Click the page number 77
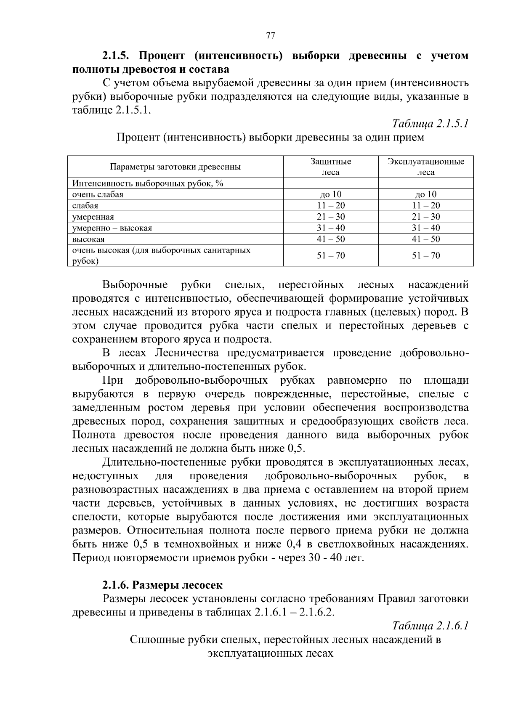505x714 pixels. pyautogui.click(x=271, y=36)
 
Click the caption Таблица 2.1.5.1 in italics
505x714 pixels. pyautogui.click(x=430, y=124)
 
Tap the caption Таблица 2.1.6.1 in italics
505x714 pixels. pyautogui.click(x=430, y=626)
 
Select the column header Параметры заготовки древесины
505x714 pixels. pyautogui.click(x=175, y=167)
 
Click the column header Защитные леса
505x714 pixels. pyautogui.click(x=331, y=167)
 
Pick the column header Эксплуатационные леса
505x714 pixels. pyautogui.click(x=426, y=167)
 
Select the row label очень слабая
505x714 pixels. pyautogui.click(x=98, y=194)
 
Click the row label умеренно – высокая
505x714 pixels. pyautogui.click(x=112, y=228)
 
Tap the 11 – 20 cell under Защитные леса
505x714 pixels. pyautogui.click(x=331, y=206)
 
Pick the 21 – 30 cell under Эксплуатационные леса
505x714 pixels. pyautogui.click(x=426, y=217)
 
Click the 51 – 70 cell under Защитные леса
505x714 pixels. pyautogui.click(x=331, y=255)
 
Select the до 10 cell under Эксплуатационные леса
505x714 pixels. pyautogui.click(x=426, y=194)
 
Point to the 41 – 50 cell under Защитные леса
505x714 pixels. pyautogui.click(x=331, y=239)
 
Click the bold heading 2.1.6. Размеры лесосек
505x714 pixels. pyautogui.click(x=162, y=585)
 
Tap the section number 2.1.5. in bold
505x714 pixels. pyautogui.click(x=117, y=56)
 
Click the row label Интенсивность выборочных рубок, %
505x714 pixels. pyautogui.click(x=147, y=183)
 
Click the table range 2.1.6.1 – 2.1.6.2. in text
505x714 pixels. pyautogui.click(x=295, y=612)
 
